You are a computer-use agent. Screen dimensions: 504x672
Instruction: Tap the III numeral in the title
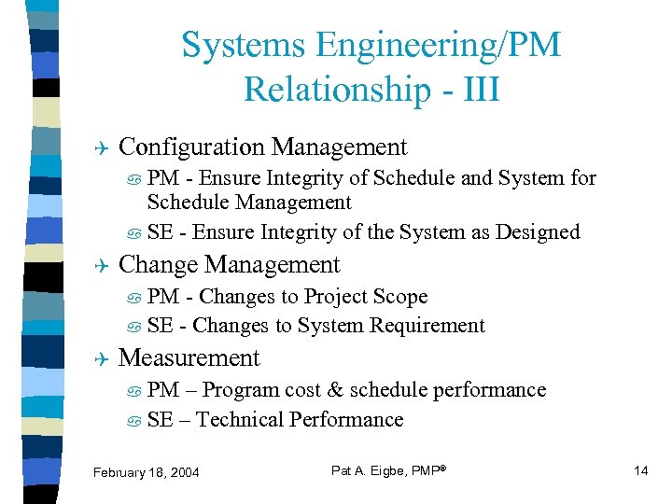tap(477, 90)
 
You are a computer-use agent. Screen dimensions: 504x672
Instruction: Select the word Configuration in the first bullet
tap(192, 147)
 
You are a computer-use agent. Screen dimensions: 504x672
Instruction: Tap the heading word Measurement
tap(189, 357)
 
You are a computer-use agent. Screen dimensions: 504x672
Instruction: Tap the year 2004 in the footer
tap(183, 472)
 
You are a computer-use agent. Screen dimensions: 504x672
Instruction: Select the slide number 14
tap(640, 470)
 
